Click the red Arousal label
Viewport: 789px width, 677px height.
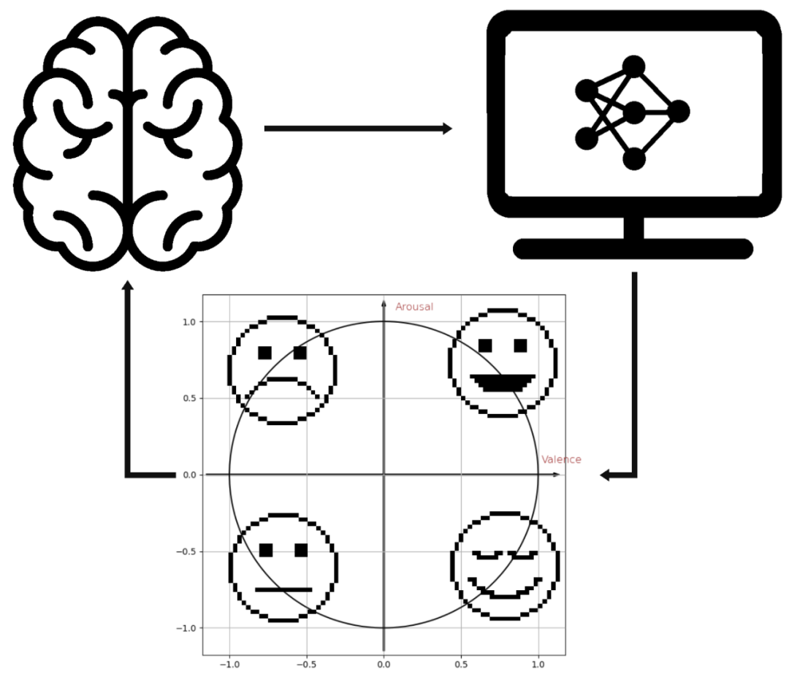click(414, 307)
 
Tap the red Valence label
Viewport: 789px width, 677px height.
click(561, 460)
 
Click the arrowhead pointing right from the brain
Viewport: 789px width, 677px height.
click(448, 129)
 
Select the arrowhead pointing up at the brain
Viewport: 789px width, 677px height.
click(128, 285)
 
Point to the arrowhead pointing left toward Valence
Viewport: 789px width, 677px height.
click(605, 475)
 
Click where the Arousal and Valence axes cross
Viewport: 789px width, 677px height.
click(384, 475)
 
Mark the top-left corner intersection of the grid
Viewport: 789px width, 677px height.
click(229, 321)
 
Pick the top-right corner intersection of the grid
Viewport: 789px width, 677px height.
click(539, 321)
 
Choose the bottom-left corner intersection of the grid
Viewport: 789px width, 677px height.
click(229, 628)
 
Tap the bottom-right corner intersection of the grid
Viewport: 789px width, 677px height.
click(539, 628)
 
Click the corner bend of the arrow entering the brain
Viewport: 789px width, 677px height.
click(129, 475)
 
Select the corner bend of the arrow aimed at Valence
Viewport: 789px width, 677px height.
click(634, 475)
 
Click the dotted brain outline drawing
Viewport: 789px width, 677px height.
click(128, 142)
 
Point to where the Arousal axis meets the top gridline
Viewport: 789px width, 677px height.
click(384, 321)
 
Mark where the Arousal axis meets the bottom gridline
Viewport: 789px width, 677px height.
click(384, 628)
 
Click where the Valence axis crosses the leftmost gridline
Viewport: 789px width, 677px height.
click(229, 475)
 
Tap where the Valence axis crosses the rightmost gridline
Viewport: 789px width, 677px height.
click(539, 475)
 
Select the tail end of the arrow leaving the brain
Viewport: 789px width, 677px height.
click(266, 129)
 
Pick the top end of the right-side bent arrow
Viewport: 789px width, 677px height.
click(634, 273)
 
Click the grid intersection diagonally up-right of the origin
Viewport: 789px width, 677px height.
click(462, 398)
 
